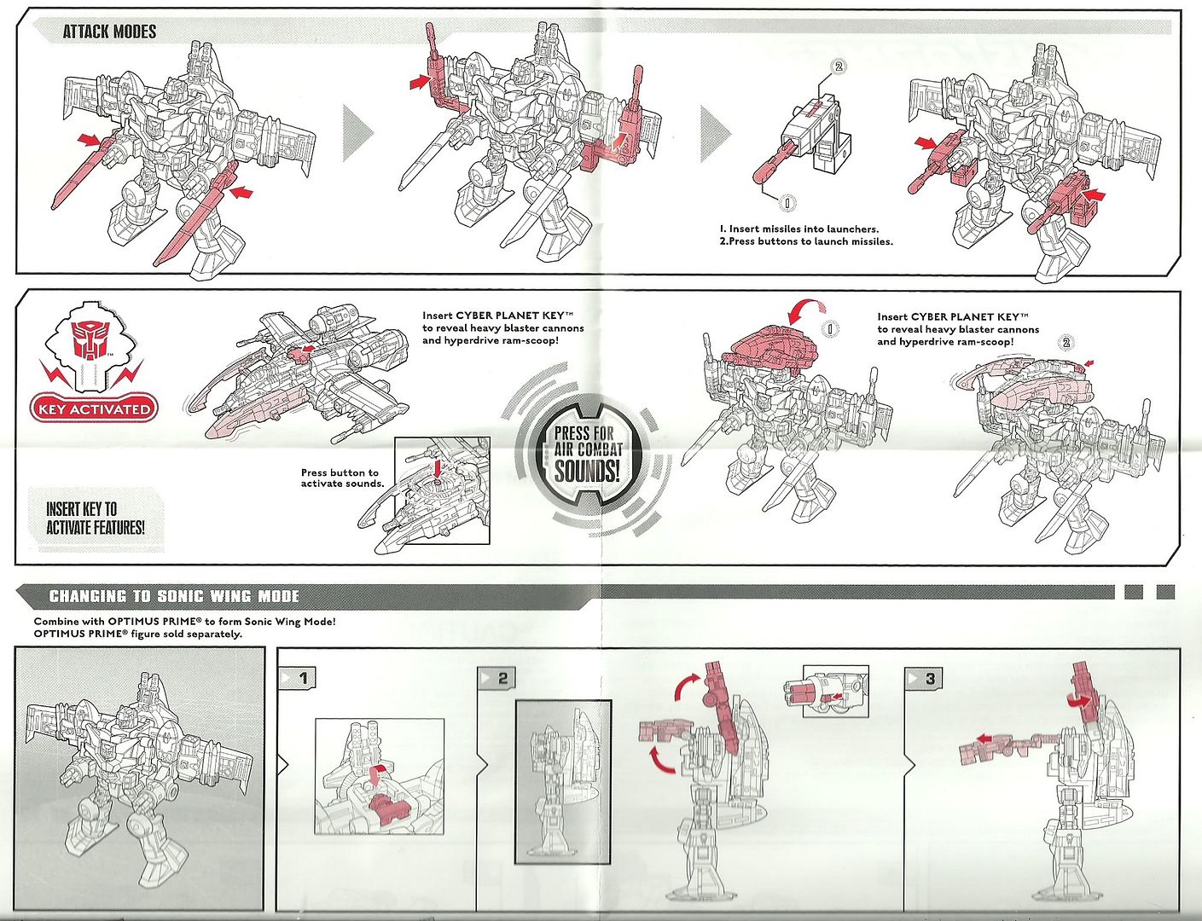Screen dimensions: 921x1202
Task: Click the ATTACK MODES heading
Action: pyautogui.click(x=109, y=32)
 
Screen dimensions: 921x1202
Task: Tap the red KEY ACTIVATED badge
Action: pyautogui.click(x=94, y=408)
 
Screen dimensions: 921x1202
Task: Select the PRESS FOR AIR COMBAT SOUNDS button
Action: pyautogui.click(x=587, y=454)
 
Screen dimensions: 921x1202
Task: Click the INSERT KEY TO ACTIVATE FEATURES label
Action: pyautogui.click(x=95, y=518)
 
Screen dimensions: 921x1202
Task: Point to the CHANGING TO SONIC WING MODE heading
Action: pyautogui.click(x=174, y=596)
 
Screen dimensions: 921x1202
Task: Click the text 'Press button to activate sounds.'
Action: pyautogui.click(x=341, y=478)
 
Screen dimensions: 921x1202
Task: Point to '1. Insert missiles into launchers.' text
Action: pyautogui.click(x=798, y=229)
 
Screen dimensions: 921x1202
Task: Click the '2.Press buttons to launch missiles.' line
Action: pyautogui.click(x=805, y=241)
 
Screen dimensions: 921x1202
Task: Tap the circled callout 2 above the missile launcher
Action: pyautogui.click(x=838, y=67)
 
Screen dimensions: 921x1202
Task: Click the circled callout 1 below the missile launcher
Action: pyautogui.click(x=787, y=202)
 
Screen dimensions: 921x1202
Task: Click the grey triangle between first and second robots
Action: pyautogui.click(x=358, y=133)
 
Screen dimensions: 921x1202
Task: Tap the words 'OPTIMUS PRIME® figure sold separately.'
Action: pyautogui.click(x=137, y=634)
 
